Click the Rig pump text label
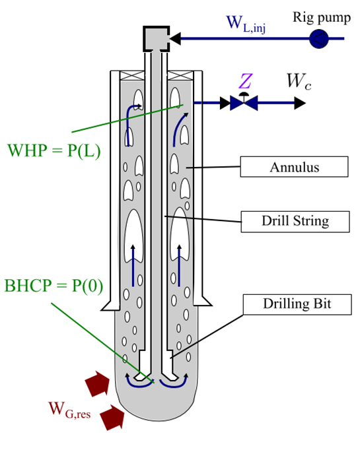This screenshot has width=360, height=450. point(322,18)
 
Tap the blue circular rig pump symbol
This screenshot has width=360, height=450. point(319,38)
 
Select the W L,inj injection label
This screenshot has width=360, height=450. point(246,24)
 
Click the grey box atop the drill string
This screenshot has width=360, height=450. point(156,39)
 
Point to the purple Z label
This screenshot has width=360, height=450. point(245,81)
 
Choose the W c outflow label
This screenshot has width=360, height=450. point(299,81)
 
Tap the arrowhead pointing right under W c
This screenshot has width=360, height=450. point(300,103)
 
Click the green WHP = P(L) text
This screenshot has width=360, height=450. point(54,150)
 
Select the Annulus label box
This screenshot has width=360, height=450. point(294,166)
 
